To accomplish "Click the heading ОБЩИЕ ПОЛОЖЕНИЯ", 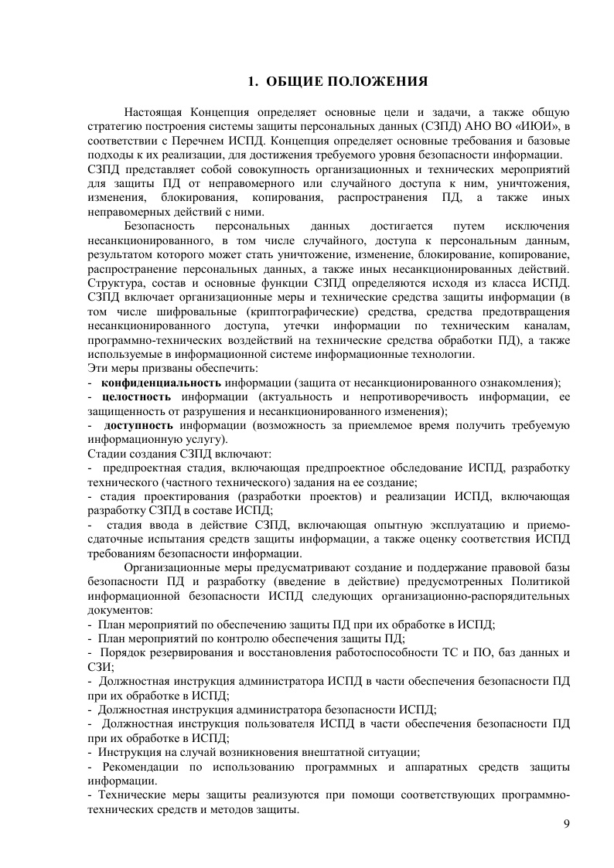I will [x=348, y=81].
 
